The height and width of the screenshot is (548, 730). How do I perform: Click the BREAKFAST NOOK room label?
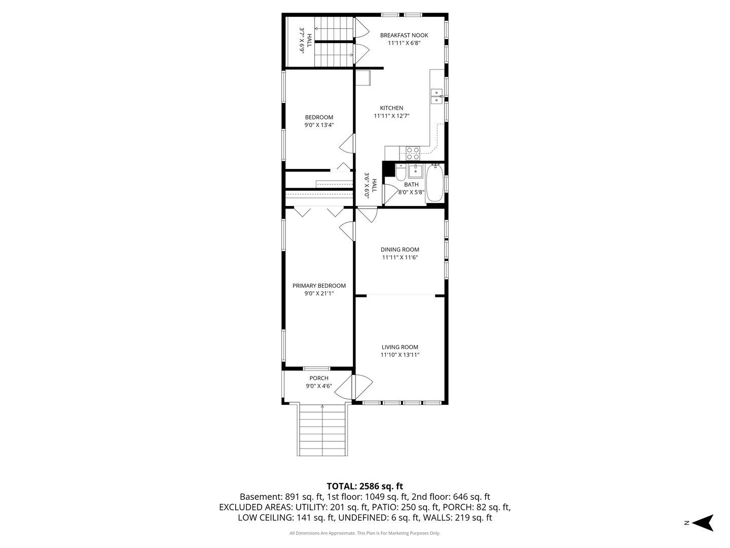[x=404, y=36]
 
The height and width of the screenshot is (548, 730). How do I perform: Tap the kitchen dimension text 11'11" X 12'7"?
[x=391, y=116]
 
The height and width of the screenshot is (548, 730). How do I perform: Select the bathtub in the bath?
[x=434, y=183]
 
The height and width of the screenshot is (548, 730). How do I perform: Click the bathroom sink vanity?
[x=415, y=171]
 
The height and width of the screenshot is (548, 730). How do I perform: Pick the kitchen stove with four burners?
[x=413, y=153]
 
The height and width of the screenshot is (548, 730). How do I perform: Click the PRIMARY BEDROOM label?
[x=319, y=286]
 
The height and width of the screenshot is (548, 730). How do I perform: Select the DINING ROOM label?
[x=400, y=250]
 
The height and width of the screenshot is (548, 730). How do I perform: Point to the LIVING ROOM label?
[x=400, y=347]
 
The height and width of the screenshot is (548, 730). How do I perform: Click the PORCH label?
[x=319, y=378]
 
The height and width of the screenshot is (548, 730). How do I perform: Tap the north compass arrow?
[x=704, y=523]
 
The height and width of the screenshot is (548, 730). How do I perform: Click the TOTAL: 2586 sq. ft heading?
[x=365, y=486]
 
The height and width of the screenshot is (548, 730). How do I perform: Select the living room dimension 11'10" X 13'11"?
[x=400, y=355]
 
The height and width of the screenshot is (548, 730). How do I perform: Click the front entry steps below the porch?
[x=322, y=429]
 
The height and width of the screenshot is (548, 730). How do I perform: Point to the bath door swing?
[x=390, y=194]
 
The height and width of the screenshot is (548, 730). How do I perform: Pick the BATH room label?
[x=412, y=184]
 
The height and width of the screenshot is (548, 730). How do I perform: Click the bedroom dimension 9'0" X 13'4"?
[x=319, y=125]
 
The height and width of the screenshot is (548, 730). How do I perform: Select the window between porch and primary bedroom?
[x=316, y=368]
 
